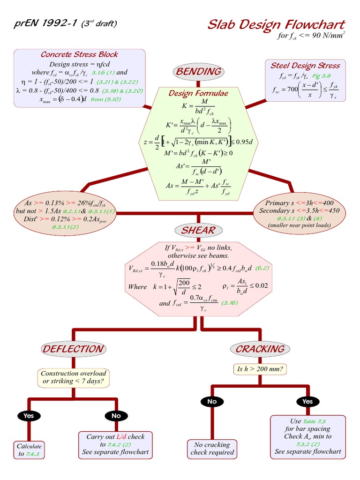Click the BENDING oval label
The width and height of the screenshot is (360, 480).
point(198,71)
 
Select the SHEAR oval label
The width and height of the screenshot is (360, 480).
point(198,230)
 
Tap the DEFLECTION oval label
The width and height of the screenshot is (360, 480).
point(73,349)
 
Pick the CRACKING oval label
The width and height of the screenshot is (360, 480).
point(260,349)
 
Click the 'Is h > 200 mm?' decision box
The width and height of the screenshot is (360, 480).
point(260,369)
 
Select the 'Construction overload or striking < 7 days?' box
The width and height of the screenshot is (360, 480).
point(73,378)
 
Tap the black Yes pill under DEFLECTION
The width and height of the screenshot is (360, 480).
point(29,415)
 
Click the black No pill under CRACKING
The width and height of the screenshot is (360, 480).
point(212,401)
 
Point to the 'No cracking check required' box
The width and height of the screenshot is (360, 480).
point(212,449)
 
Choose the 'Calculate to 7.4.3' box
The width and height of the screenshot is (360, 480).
point(29,450)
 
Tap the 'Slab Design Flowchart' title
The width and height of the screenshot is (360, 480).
point(276,24)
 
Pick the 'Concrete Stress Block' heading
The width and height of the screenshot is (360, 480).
point(79,54)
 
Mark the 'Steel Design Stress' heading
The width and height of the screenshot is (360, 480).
point(305,65)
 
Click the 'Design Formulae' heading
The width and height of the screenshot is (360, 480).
point(198,93)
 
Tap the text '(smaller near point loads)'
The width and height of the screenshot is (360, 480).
point(299,225)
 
